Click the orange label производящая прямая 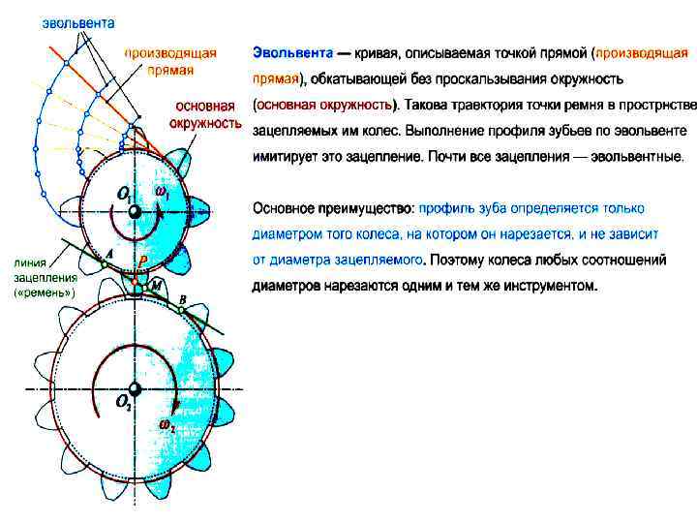pyautogui.click(x=170, y=61)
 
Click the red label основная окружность pyautogui.click(x=203, y=114)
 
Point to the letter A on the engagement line pyautogui.click(x=109, y=252)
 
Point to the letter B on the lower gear pyautogui.click(x=183, y=301)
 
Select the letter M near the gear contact pyautogui.click(x=156, y=282)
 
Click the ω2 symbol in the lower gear pyautogui.click(x=167, y=424)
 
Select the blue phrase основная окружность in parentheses pyautogui.click(x=323, y=103)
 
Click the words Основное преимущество pyautogui.click(x=332, y=207)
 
